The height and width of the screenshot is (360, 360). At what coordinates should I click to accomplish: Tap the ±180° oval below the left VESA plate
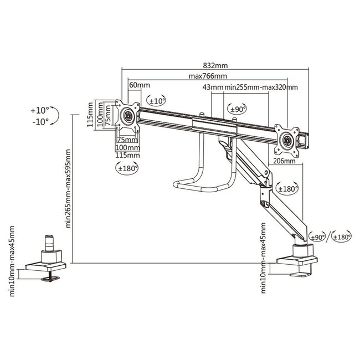coord(127,167)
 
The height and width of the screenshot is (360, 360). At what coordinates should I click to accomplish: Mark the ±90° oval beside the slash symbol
coord(317,238)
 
